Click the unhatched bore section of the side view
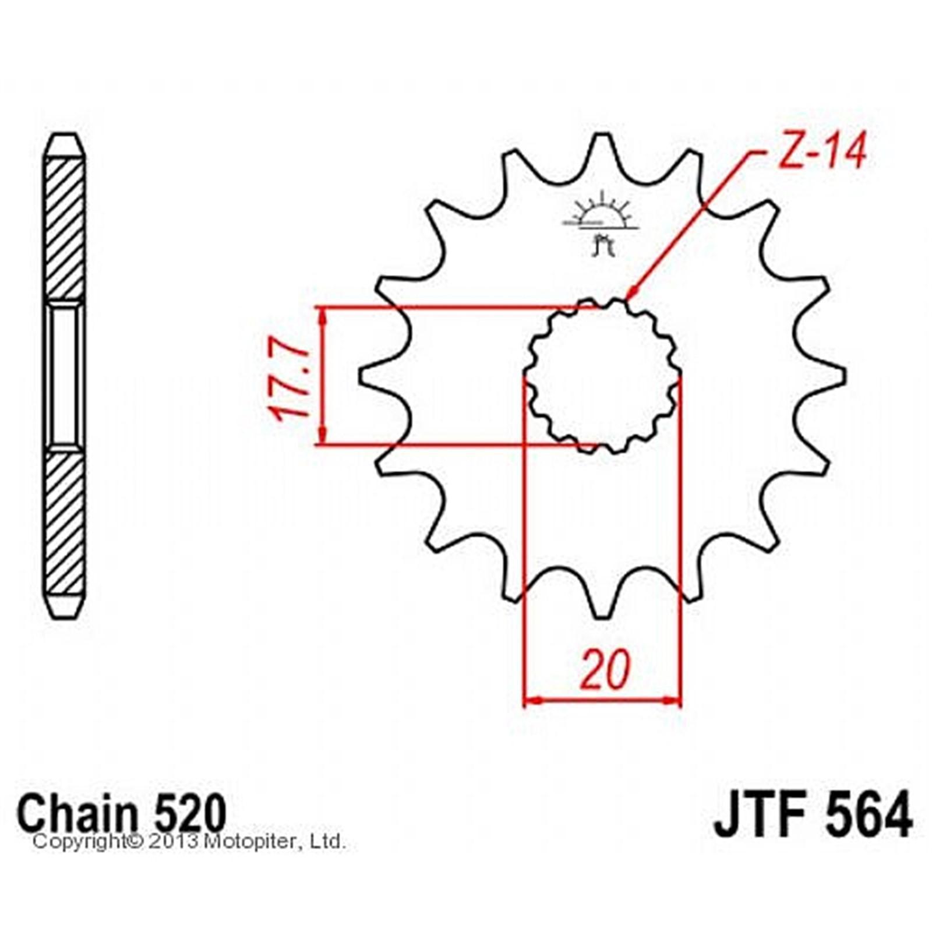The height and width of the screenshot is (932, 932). (x=65, y=376)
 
